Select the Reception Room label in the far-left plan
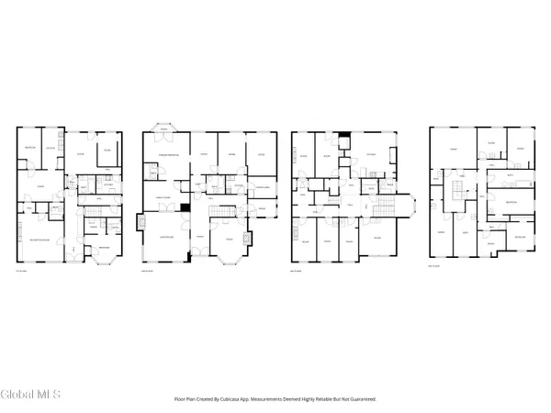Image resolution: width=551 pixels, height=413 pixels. (39, 239)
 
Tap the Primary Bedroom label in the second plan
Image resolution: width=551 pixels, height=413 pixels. (168, 156)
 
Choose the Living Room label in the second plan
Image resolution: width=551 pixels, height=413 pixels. (166, 238)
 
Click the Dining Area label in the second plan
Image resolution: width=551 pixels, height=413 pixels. (260, 187)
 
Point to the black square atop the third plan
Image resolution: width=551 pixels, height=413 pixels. (343, 139)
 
